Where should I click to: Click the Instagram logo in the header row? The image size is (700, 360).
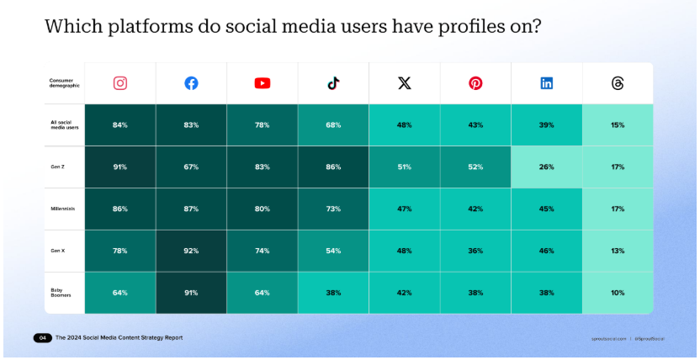pyautogui.click(x=120, y=83)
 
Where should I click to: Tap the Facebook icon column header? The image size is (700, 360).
pyautogui.click(x=191, y=83)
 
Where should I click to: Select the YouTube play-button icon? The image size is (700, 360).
pyautogui.click(x=262, y=83)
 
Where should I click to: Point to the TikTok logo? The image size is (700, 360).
pyautogui.click(x=333, y=83)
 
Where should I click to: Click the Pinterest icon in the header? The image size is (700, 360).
pyautogui.click(x=475, y=83)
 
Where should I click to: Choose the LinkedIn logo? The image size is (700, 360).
pyautogui.click(x=547, y=83)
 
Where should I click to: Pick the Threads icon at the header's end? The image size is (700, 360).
pyautogui.click(x=618, y=83)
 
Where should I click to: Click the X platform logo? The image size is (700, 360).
pyautogui.click(x=405, y=83)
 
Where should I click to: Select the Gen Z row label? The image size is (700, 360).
pyautogui.click(x=58, y=167)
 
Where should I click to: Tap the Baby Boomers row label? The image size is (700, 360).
pyautogui.click(x=61, y=293)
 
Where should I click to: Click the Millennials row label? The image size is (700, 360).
pyautogui.click(x=63, y=209)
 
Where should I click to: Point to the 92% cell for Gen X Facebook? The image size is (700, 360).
pyautogui.click(x=191, y=251)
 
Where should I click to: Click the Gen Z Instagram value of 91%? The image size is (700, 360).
pyautogui.click(x=120, y=167)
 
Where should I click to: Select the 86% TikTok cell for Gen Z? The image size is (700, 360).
pyautogui.click(x=333, y=167)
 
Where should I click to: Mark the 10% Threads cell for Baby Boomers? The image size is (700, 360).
pyautogui.click(x=618, y=293)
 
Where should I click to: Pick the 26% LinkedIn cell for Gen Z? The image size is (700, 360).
pyautogui.click(x=547, y=167)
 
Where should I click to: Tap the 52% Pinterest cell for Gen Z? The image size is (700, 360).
pyautogui.click(x=475, y=167)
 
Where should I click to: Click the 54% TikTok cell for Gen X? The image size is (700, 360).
pyautogui.click(x=333, y=251)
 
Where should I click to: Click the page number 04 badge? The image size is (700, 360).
pyautogui.click(x=42, y=338)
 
